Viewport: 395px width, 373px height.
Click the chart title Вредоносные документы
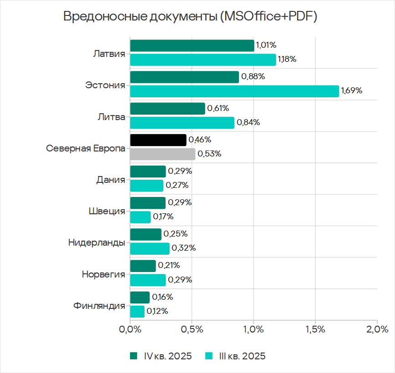190,17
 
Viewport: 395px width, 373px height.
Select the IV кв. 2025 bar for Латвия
192,45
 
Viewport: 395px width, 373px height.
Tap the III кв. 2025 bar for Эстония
234,91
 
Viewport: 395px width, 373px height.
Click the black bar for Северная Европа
158,140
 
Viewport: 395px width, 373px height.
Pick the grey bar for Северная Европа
163,154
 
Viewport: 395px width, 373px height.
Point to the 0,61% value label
218,108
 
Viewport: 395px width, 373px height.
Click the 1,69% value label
351,91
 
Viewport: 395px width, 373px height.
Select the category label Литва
111,116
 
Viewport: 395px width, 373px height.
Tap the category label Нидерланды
96,242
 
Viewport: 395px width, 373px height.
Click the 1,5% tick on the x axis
315,329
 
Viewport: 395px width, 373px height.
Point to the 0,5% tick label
192,329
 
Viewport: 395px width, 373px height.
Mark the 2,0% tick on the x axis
377,329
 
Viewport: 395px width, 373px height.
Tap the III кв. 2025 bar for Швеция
140,217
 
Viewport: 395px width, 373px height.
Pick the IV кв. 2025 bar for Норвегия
143,266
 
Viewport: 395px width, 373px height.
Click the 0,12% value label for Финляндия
157,312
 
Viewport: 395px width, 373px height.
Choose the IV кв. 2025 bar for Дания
148,171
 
